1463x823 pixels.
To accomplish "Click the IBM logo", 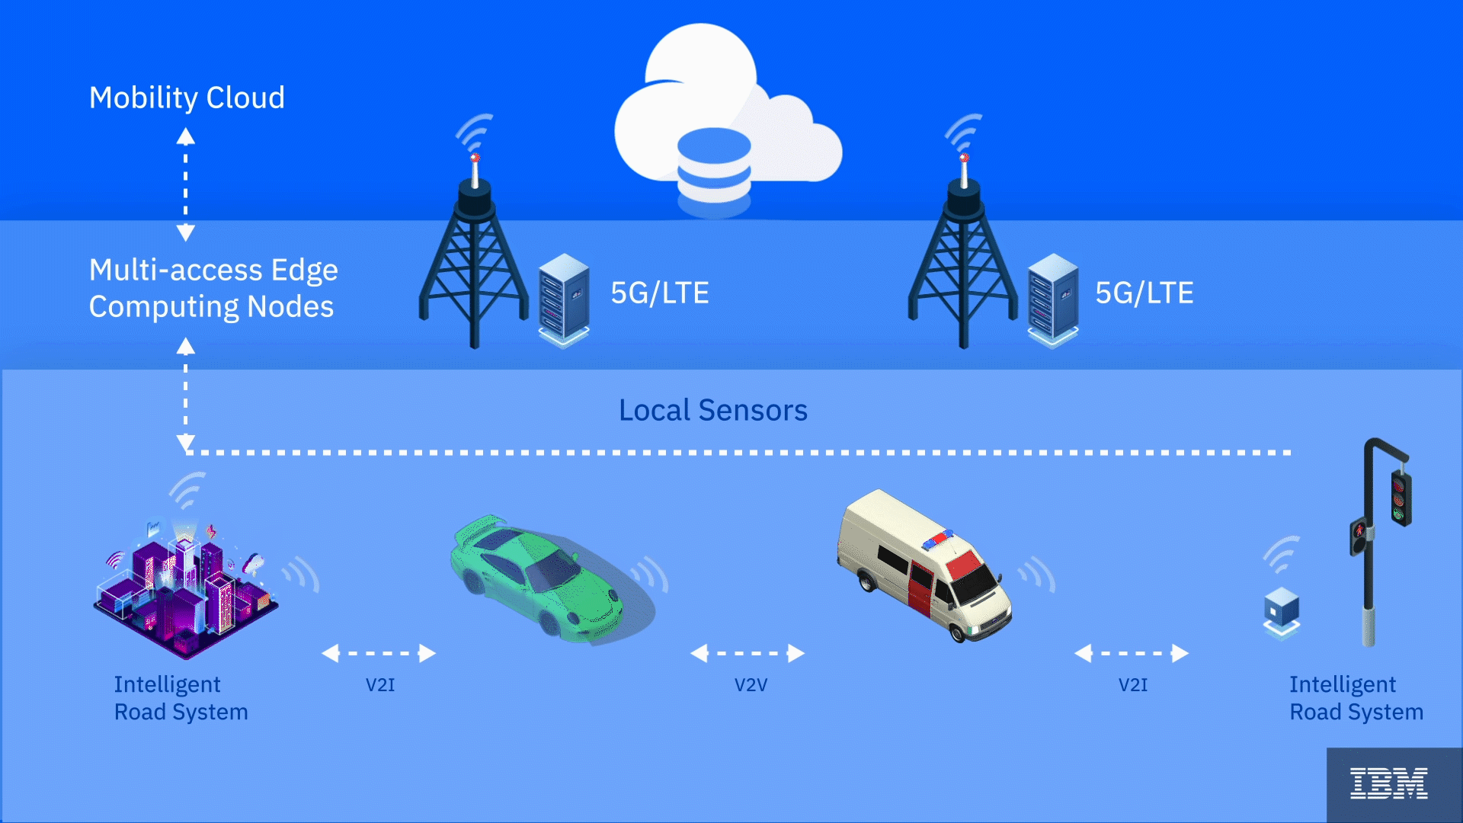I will [x=1388, y=783].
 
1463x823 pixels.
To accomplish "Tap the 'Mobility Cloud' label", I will [x=187, y=98].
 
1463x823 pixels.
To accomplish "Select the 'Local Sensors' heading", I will [x=712, y=410].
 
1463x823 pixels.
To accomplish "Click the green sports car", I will [x=541, y=579].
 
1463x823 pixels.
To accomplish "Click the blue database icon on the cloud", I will [x=714, y=166].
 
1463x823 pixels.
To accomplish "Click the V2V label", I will [x=751, y=685].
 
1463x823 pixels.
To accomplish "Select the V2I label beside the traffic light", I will [x=1132, y=685].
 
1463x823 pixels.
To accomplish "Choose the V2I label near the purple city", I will [x=380, y=685].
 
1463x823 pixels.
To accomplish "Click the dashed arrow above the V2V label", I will [x=747, y=653].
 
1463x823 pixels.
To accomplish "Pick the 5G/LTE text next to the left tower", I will [x=660, y=293].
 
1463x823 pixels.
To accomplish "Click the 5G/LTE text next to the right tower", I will [x=1144, y=293].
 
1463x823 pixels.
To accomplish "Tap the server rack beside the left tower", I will [x=564, y=299].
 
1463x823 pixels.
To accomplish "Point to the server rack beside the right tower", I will [x=1052, y=299].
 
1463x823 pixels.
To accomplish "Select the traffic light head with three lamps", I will [x=1401, y=499].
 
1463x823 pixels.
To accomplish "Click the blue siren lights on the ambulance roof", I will [x=938, y=540].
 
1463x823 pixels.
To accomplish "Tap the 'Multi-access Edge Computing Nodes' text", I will [x=213, y=288].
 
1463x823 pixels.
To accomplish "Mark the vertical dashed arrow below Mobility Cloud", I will [x=186, y=184].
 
